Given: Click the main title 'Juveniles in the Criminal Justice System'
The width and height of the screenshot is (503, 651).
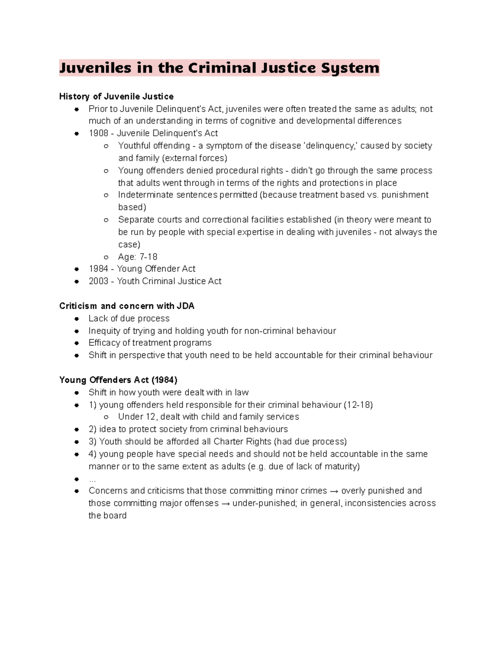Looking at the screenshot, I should pyautogui.click(x=219, y=68).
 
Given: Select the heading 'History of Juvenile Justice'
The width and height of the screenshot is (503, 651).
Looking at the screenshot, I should pyautogui.click(x=116, y=97).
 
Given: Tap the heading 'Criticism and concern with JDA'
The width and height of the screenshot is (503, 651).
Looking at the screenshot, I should pyautogui.click(x=127, y=306).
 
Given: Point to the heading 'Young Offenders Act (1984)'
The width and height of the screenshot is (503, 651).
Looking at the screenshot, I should pyautogui.click(x=118, y=380).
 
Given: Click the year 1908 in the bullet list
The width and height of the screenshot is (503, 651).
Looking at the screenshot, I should pyautogui.click(x=99, y=133).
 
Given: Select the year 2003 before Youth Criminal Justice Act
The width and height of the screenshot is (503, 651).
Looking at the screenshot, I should pyautogui.click(x=99, y=281).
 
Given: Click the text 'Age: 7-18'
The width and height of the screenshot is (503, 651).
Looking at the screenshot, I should pyautogui.click(x=137, y=257).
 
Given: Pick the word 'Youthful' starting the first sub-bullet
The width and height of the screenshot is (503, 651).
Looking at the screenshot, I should pyautogui.click(x=134, y=146).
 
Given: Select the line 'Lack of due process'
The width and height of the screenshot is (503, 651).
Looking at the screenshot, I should pyautogui.click(x=129, y=319).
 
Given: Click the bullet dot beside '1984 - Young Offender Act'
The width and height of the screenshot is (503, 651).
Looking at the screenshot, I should pyautogui.click(x=77, y=269).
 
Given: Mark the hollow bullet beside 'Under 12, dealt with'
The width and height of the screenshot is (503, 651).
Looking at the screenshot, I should pyautogui.click(x=106, y=417).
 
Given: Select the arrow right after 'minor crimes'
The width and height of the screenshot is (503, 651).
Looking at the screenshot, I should pyautogui.click(x=334, y=491).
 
